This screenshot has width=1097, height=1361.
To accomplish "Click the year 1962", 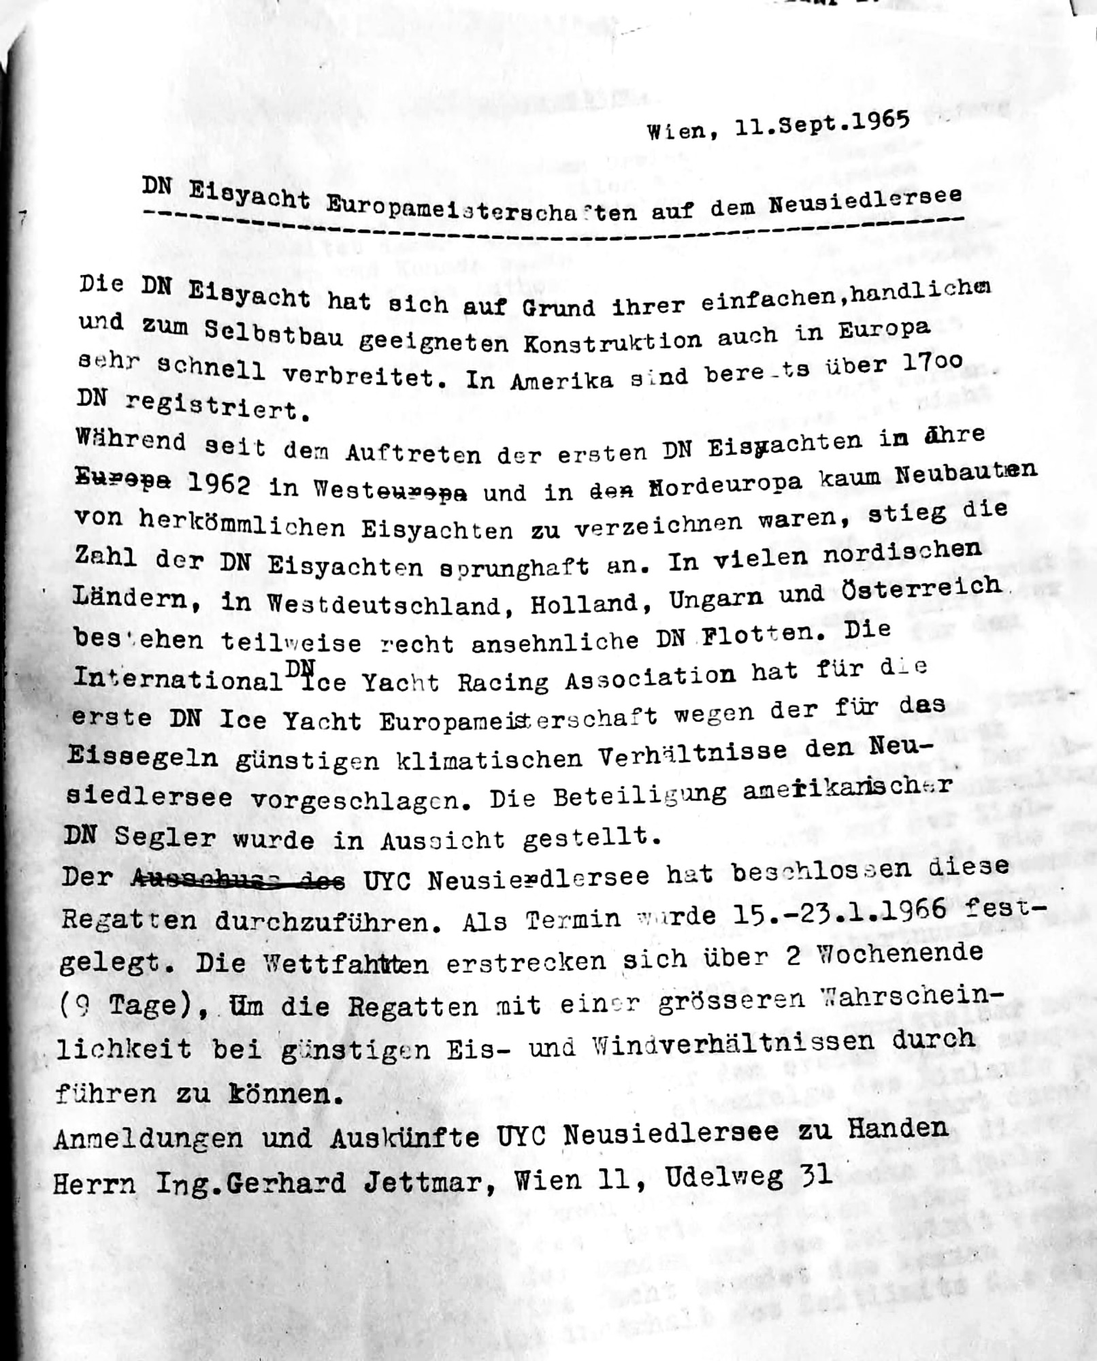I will coord(217,483).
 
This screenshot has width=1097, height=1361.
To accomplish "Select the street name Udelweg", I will coord(725,1178).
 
